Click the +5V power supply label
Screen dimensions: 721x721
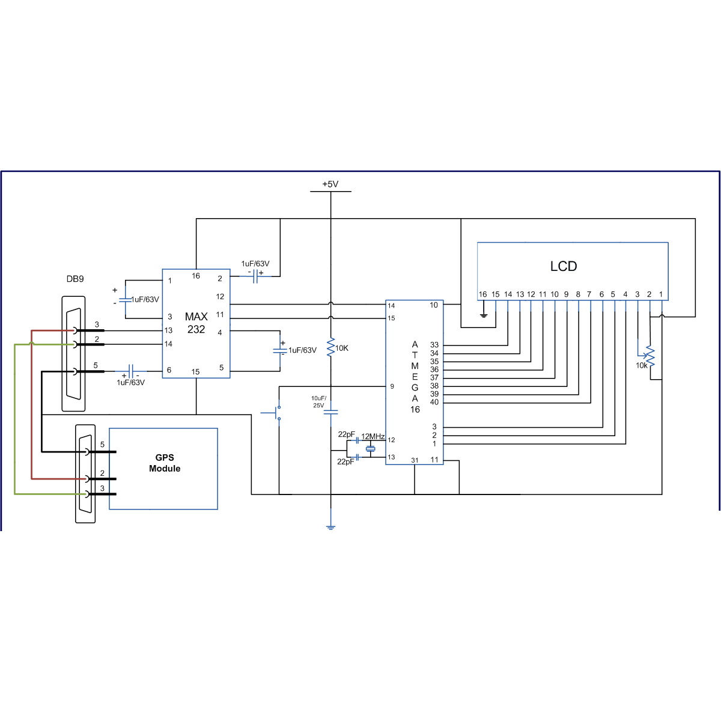click(330, 184)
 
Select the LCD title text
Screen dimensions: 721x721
click(563, 266)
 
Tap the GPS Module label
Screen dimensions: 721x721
click(164, 463)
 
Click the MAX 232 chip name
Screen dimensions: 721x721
click(196, 323)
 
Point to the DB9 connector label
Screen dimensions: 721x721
click(75, 279)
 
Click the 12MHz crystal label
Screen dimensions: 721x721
click(373, 436)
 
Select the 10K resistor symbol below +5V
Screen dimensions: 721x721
click(330, 347)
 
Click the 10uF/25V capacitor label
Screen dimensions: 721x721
click(318, 401)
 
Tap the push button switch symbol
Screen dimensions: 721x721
click(276, 413)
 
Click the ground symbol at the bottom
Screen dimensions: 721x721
click(330, 526)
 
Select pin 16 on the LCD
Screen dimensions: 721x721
click(482, 294)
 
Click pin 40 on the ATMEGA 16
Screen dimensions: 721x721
click(434, 402)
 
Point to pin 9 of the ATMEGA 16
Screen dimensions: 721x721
click(392, 386)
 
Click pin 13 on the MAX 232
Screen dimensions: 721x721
click(168, 330)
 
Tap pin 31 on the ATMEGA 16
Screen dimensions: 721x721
click(415, 460)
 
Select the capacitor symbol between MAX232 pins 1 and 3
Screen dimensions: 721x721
click(125, 299)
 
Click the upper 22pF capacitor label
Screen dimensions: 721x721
click(346, 434)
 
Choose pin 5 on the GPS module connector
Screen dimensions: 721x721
click(102, 445)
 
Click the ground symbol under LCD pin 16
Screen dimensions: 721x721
click(484, 314)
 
